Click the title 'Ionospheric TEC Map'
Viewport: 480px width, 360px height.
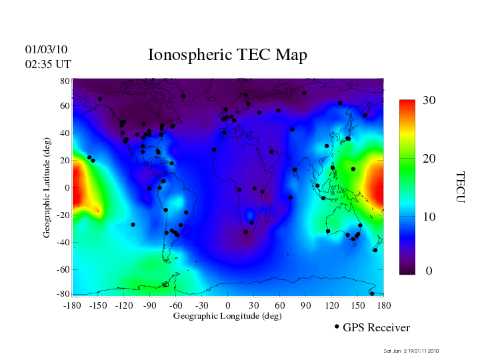(x=227, y=55)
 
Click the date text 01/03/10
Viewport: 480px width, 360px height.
(x=47, y=49)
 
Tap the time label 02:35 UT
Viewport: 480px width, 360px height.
(x=48, y=64)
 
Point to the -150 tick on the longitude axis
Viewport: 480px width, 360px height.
(x=97, y=305)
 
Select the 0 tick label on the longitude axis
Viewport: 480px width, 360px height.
(x=227, y=305)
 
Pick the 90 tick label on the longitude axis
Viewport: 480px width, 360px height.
(x=306, y=305)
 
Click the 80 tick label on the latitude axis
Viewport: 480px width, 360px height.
(x=65, y=80)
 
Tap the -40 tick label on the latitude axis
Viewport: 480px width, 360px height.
(x=63, y=242)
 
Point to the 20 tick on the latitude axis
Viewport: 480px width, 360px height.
(x=65, y=161)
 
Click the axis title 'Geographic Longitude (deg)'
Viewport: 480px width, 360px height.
(x=227, y=315)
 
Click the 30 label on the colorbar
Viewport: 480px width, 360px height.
(x=429, y=100)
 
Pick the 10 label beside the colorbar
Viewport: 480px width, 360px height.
(x=429, y=217)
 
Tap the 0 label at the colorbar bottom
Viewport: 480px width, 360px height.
(x=429, y=271)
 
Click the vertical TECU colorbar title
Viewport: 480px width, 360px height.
(x=459, y=187)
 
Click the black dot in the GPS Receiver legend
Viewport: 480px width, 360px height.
(x=337, y=327)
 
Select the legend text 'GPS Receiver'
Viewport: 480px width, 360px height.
(x=376, y=327)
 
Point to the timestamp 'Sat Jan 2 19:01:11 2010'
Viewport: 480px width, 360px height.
(x=411, y=351)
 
